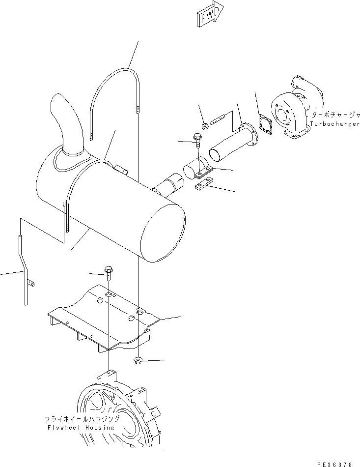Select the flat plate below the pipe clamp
[x=203, y=185]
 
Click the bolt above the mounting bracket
[x=109, y=273]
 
